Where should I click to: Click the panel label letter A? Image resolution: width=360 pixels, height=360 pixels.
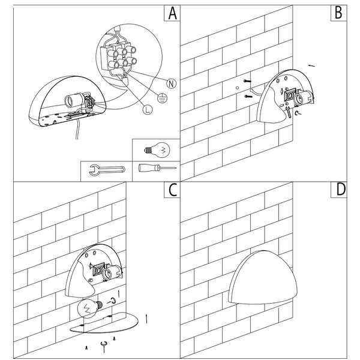tap(173, 13)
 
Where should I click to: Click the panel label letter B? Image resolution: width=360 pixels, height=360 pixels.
tap(338, 13)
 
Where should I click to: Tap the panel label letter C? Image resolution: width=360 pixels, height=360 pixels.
tap(173, 190)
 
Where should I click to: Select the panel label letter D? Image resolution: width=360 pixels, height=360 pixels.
tap(341, 190)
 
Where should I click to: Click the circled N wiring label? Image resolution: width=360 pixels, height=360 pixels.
tap(171, 83)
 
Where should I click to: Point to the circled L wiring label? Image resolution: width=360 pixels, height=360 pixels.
tap(148, 110)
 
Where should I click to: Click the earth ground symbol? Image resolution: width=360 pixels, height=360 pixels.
tap(163, 98)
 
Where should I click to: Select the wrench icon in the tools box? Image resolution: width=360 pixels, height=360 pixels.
tap(107, 170)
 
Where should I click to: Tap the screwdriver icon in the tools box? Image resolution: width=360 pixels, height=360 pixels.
tap(157, 168)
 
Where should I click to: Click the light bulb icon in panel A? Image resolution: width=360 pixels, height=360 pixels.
tap(157, 150)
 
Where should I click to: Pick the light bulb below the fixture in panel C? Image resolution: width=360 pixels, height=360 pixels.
tap(90, 308)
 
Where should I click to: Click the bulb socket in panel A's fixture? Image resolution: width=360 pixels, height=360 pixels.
tap(74, 100)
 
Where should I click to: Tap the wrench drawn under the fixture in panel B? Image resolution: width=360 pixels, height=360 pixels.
tap(288, 112)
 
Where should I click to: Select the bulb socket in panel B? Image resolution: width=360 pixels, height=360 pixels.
tap(302, 98)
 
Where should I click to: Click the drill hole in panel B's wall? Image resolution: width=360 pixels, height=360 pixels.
tap(238, 88)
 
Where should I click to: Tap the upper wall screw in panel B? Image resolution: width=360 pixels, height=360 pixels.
tap(247, 81)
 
